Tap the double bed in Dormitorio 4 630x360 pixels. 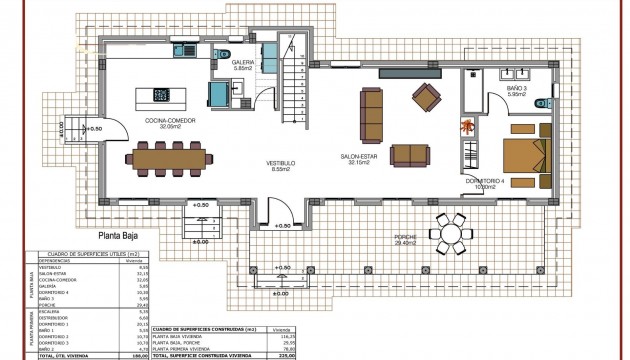click(524, 156)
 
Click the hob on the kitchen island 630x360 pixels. click(160, 96)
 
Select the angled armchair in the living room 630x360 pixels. click(426, 97)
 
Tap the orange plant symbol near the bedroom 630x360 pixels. click(467, 126)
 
